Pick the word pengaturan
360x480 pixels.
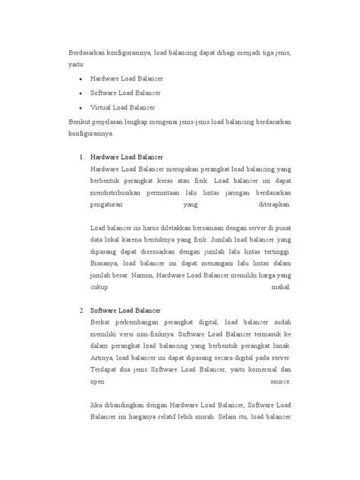click(109, 204)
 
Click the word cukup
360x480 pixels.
click(99, 289)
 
